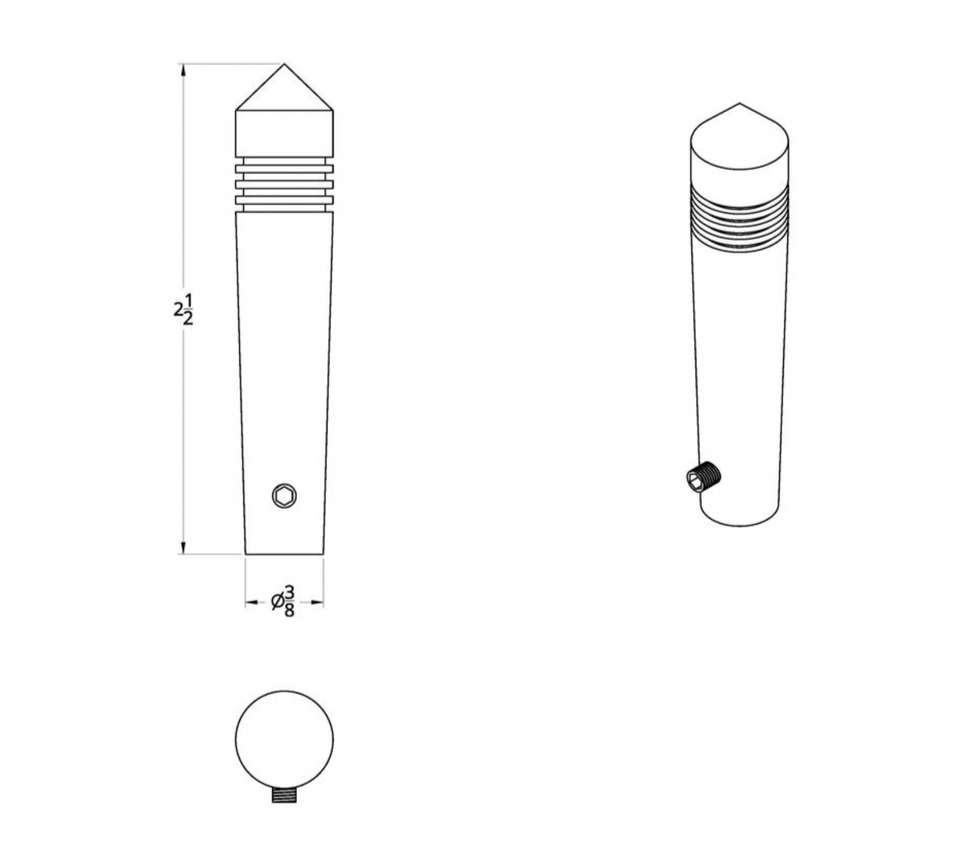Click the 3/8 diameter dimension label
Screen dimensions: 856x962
pos(289,602)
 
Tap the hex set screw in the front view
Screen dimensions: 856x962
pos(284,496)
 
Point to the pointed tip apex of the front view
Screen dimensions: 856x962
pos(284,65)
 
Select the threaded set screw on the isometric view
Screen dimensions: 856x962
pos(704,477)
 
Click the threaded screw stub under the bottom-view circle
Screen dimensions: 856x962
pos(284,795)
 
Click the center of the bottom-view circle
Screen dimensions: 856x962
pos(284,739)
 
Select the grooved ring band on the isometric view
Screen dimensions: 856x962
pos(740,220)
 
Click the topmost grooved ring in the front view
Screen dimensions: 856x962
pos(284,168)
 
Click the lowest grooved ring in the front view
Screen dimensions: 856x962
pos(284,200)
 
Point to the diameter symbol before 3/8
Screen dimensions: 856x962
pos(278,602)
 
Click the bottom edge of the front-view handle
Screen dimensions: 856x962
pos(284,554)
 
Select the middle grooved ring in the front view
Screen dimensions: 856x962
pos(284,184)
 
